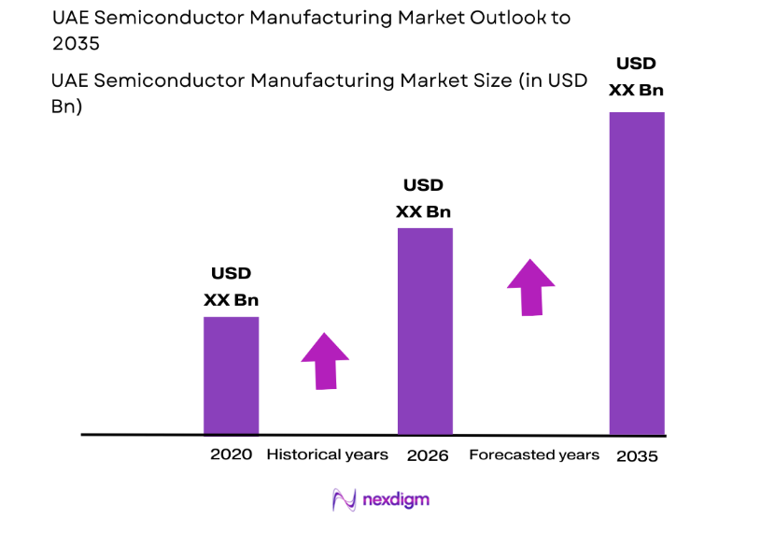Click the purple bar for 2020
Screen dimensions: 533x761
pos(231,375)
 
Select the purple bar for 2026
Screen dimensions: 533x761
pos(425,331)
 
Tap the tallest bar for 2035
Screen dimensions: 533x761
pos(637,273)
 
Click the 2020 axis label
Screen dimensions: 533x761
pos(231,455)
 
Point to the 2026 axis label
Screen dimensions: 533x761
pos(428,456)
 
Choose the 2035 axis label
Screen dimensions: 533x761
pos(637,456)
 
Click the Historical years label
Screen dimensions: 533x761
pos(327,455)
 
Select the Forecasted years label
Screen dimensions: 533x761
pos(534,455)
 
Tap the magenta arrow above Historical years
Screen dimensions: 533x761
pos(325,361)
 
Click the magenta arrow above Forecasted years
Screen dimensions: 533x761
pos(531,287)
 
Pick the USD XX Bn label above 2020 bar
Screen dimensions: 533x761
pos(231,287)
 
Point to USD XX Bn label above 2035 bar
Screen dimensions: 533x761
pos(636,77)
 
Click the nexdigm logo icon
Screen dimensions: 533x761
pos(345,499)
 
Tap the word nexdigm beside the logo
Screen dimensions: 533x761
pos(397,499)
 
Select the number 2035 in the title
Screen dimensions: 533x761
pos(73,43)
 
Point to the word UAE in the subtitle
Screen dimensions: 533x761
pos(70,80)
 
